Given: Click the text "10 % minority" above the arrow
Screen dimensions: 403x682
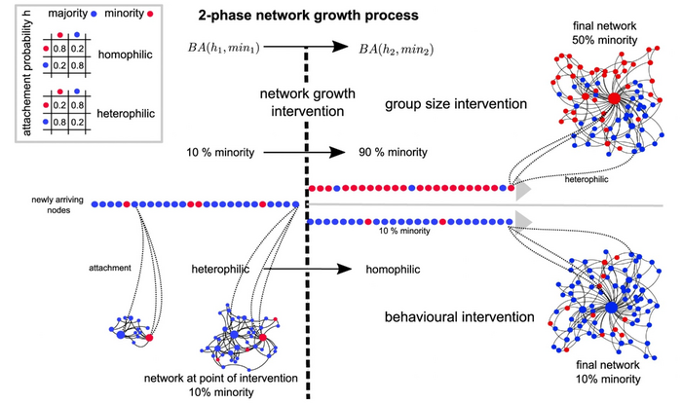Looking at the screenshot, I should tap(220, 153).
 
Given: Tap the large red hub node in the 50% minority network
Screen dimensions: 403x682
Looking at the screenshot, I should tap(614, 99).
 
